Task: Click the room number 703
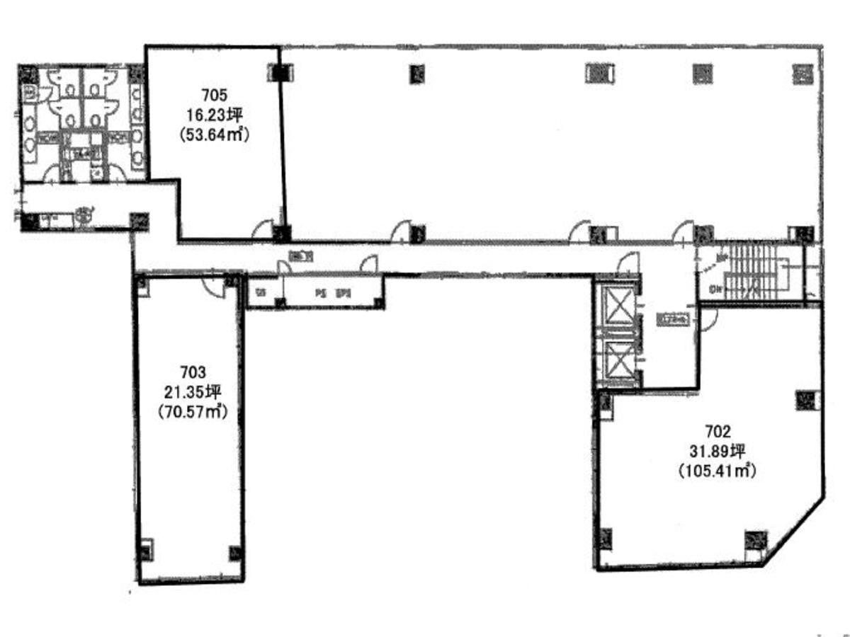(192, 371)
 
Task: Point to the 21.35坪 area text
(192, 391)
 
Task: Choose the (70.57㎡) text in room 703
(192, 412)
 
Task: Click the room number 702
(718, 429)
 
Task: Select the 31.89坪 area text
(718, 449)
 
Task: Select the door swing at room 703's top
(210, 285)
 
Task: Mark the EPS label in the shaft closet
(344, 292)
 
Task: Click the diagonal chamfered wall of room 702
(797, 527)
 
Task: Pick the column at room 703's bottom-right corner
(234, 551)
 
